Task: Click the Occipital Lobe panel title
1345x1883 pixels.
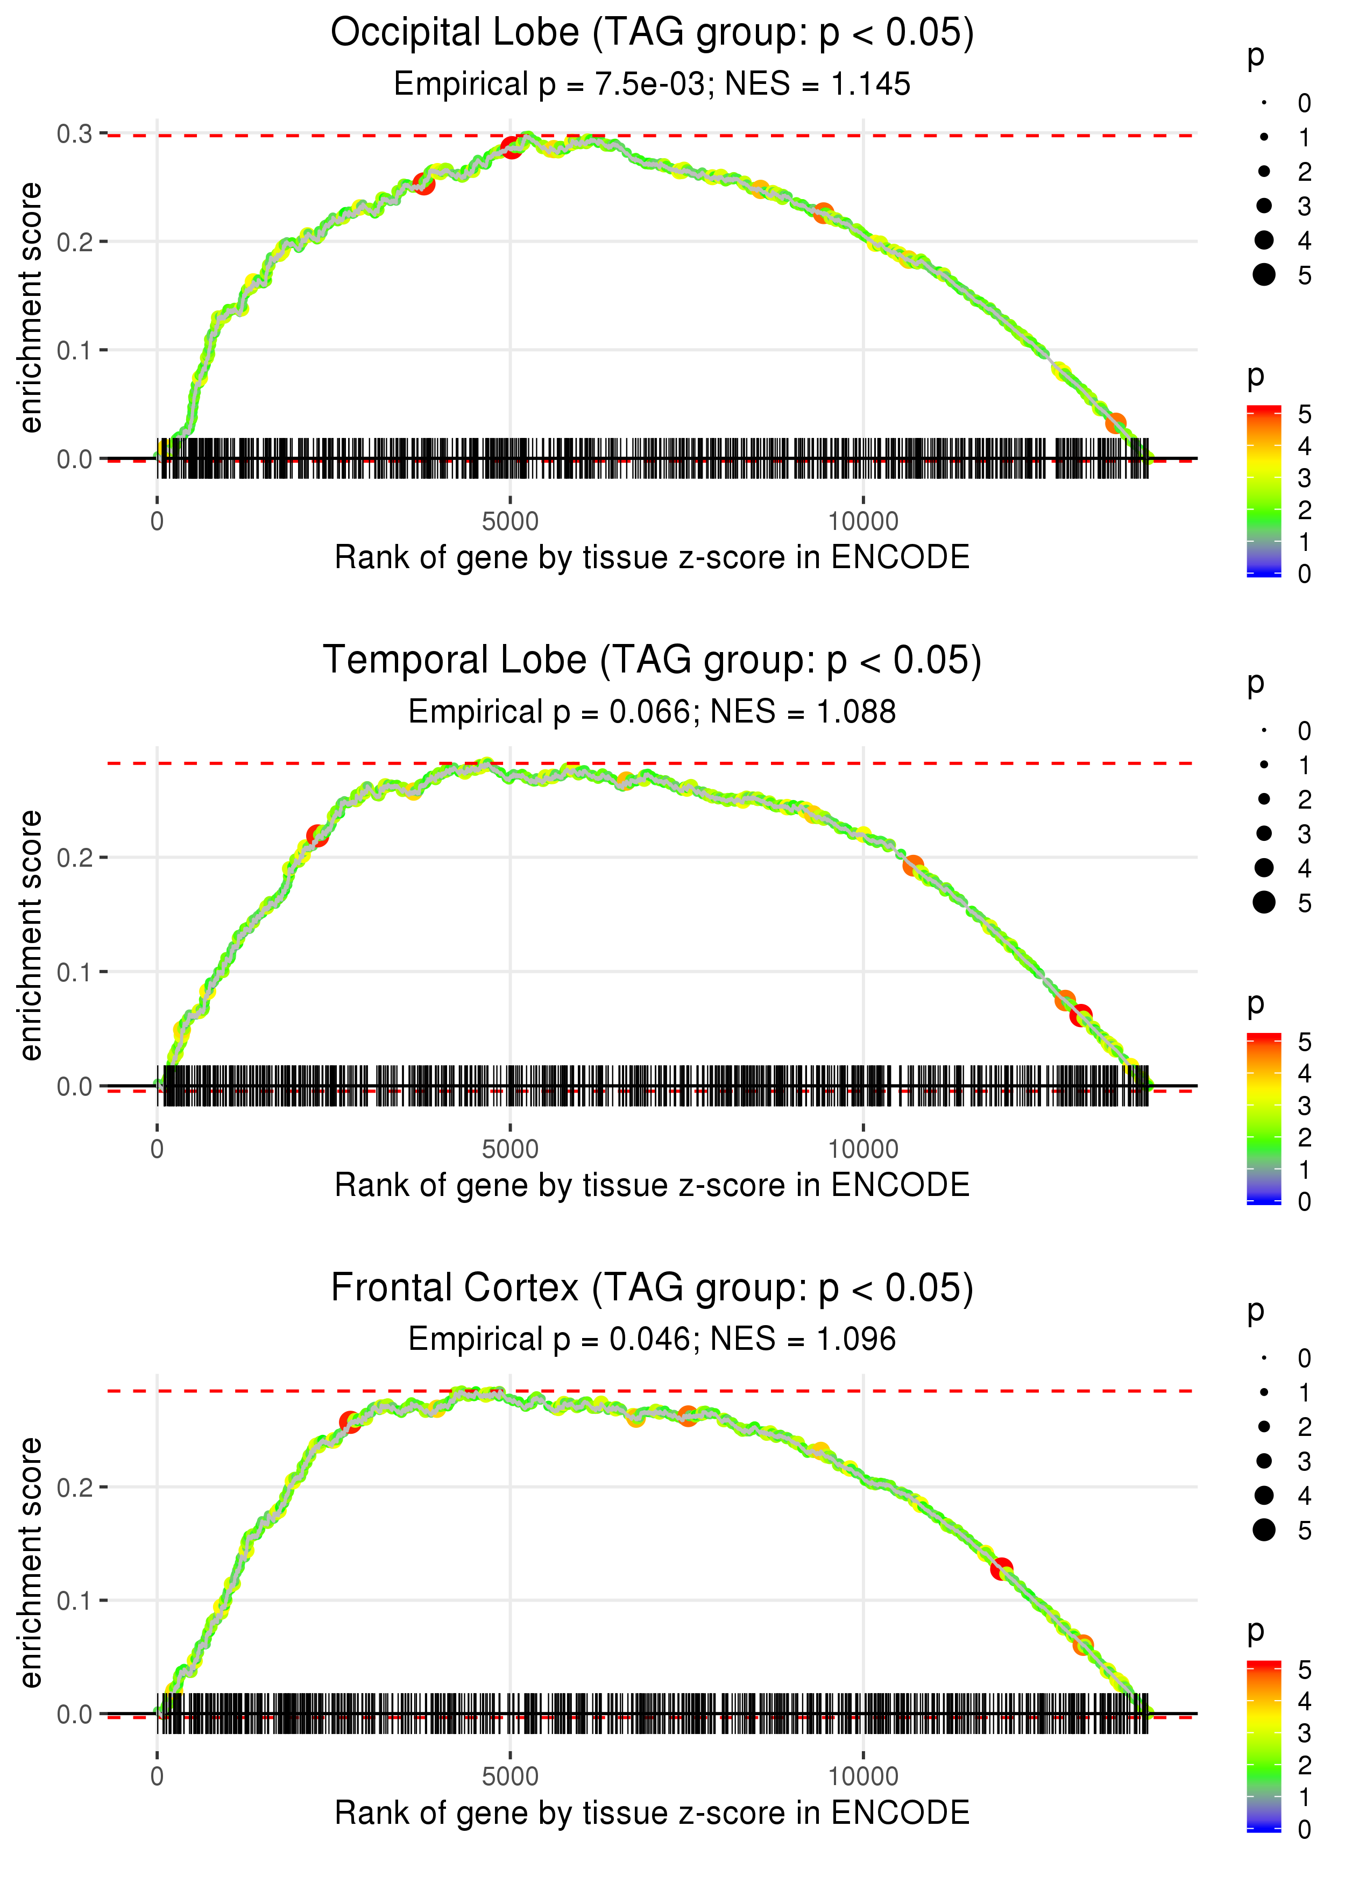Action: tap(652, 33)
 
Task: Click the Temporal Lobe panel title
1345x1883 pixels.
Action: tap(652, 661)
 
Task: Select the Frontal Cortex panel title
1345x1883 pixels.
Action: tap(652, 1289)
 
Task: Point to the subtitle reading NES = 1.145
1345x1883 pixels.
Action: tap(817, 84)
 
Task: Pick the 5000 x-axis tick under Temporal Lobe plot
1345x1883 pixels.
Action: tap(510, 1149)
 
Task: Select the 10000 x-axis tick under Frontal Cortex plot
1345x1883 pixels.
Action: tap(863, 1777)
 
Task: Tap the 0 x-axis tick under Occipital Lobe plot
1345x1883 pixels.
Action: tap(157, 522)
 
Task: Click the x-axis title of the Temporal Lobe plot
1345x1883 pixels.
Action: tap(652, 1186)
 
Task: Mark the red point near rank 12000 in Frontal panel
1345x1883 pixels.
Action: tap(1002, 1568)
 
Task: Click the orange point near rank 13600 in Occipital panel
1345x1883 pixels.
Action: tap(1116, 423)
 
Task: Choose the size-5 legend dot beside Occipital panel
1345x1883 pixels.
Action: tap(1264, 275)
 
